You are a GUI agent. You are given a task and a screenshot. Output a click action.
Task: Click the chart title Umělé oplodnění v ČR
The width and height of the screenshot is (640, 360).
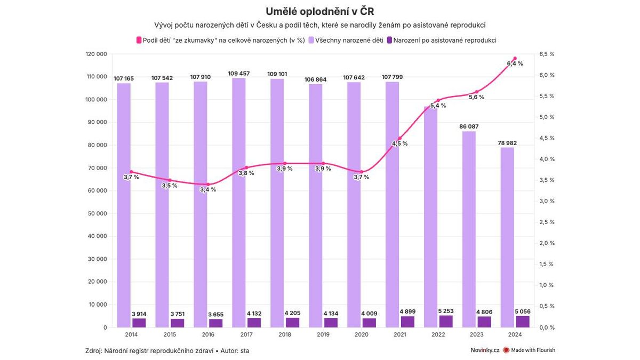click(x=320, y=11)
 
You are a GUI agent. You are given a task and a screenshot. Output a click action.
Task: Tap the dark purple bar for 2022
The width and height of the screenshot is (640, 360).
click(x=446, y=321)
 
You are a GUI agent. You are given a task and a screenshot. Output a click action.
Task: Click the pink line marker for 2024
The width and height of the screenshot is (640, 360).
click(x=515, y=58)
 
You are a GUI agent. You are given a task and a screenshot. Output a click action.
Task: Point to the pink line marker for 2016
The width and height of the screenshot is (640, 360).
click(x=208, y=185)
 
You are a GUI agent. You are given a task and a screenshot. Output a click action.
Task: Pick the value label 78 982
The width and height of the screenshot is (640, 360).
click(x=507, y=143)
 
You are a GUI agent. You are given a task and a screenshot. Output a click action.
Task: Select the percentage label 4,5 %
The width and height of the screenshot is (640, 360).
click(x=399, y=143)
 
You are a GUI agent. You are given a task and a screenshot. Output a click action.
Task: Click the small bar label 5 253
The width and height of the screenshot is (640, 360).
click(x=446, y=311)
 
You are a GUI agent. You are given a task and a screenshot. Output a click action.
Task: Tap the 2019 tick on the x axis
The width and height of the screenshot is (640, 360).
click(x=323, y=334)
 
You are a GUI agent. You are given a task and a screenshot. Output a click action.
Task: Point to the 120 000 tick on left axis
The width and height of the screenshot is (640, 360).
click(x=97, y=54)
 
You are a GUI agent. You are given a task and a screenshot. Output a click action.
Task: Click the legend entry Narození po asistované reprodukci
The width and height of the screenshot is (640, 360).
click(x=445, y=40)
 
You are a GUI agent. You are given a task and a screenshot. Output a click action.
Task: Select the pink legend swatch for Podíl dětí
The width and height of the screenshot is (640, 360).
click(x=139, y=40)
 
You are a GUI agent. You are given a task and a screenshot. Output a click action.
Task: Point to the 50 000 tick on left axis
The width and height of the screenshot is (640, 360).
click(x=97, y=213)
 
